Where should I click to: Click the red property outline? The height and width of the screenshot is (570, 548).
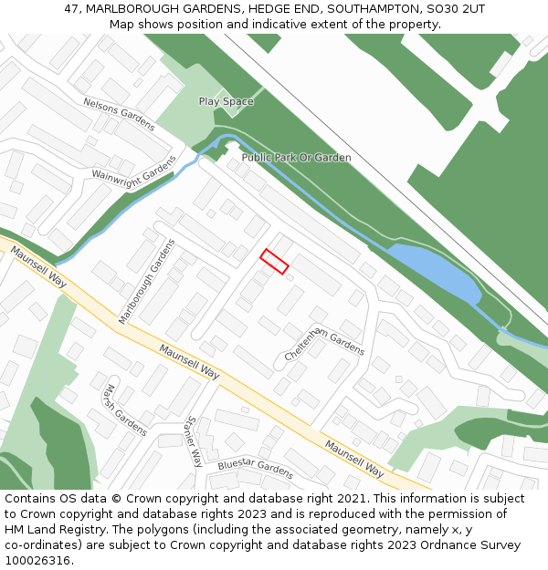pyautogui.click(x=274, y=261)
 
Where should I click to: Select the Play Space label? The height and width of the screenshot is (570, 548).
pyautogui.click(x=226, y=101)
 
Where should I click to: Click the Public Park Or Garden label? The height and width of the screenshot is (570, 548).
pyautogui.click(x=296, y=158)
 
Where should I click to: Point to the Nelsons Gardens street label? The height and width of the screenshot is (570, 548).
pyautogui.click(x=120, y=114)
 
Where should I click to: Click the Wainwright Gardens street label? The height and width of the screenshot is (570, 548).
pyautogui.click(x=133, y=168)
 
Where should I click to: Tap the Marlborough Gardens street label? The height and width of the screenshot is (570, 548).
pyautogui.click(x=146, y=281)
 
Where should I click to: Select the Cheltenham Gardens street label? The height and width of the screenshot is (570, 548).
pyautogui.click(x=324, y=337)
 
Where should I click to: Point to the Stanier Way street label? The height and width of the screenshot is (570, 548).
pyautogui.click(x=192, y=441)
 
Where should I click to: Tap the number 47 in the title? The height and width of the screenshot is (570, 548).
pyautogui.click(x=72, y=9)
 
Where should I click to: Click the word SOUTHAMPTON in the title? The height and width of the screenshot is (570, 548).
pyautogui.click(x=366, y=9)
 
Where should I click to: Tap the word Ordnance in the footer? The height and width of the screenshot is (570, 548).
pyautogui.click(x=471, y=545)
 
